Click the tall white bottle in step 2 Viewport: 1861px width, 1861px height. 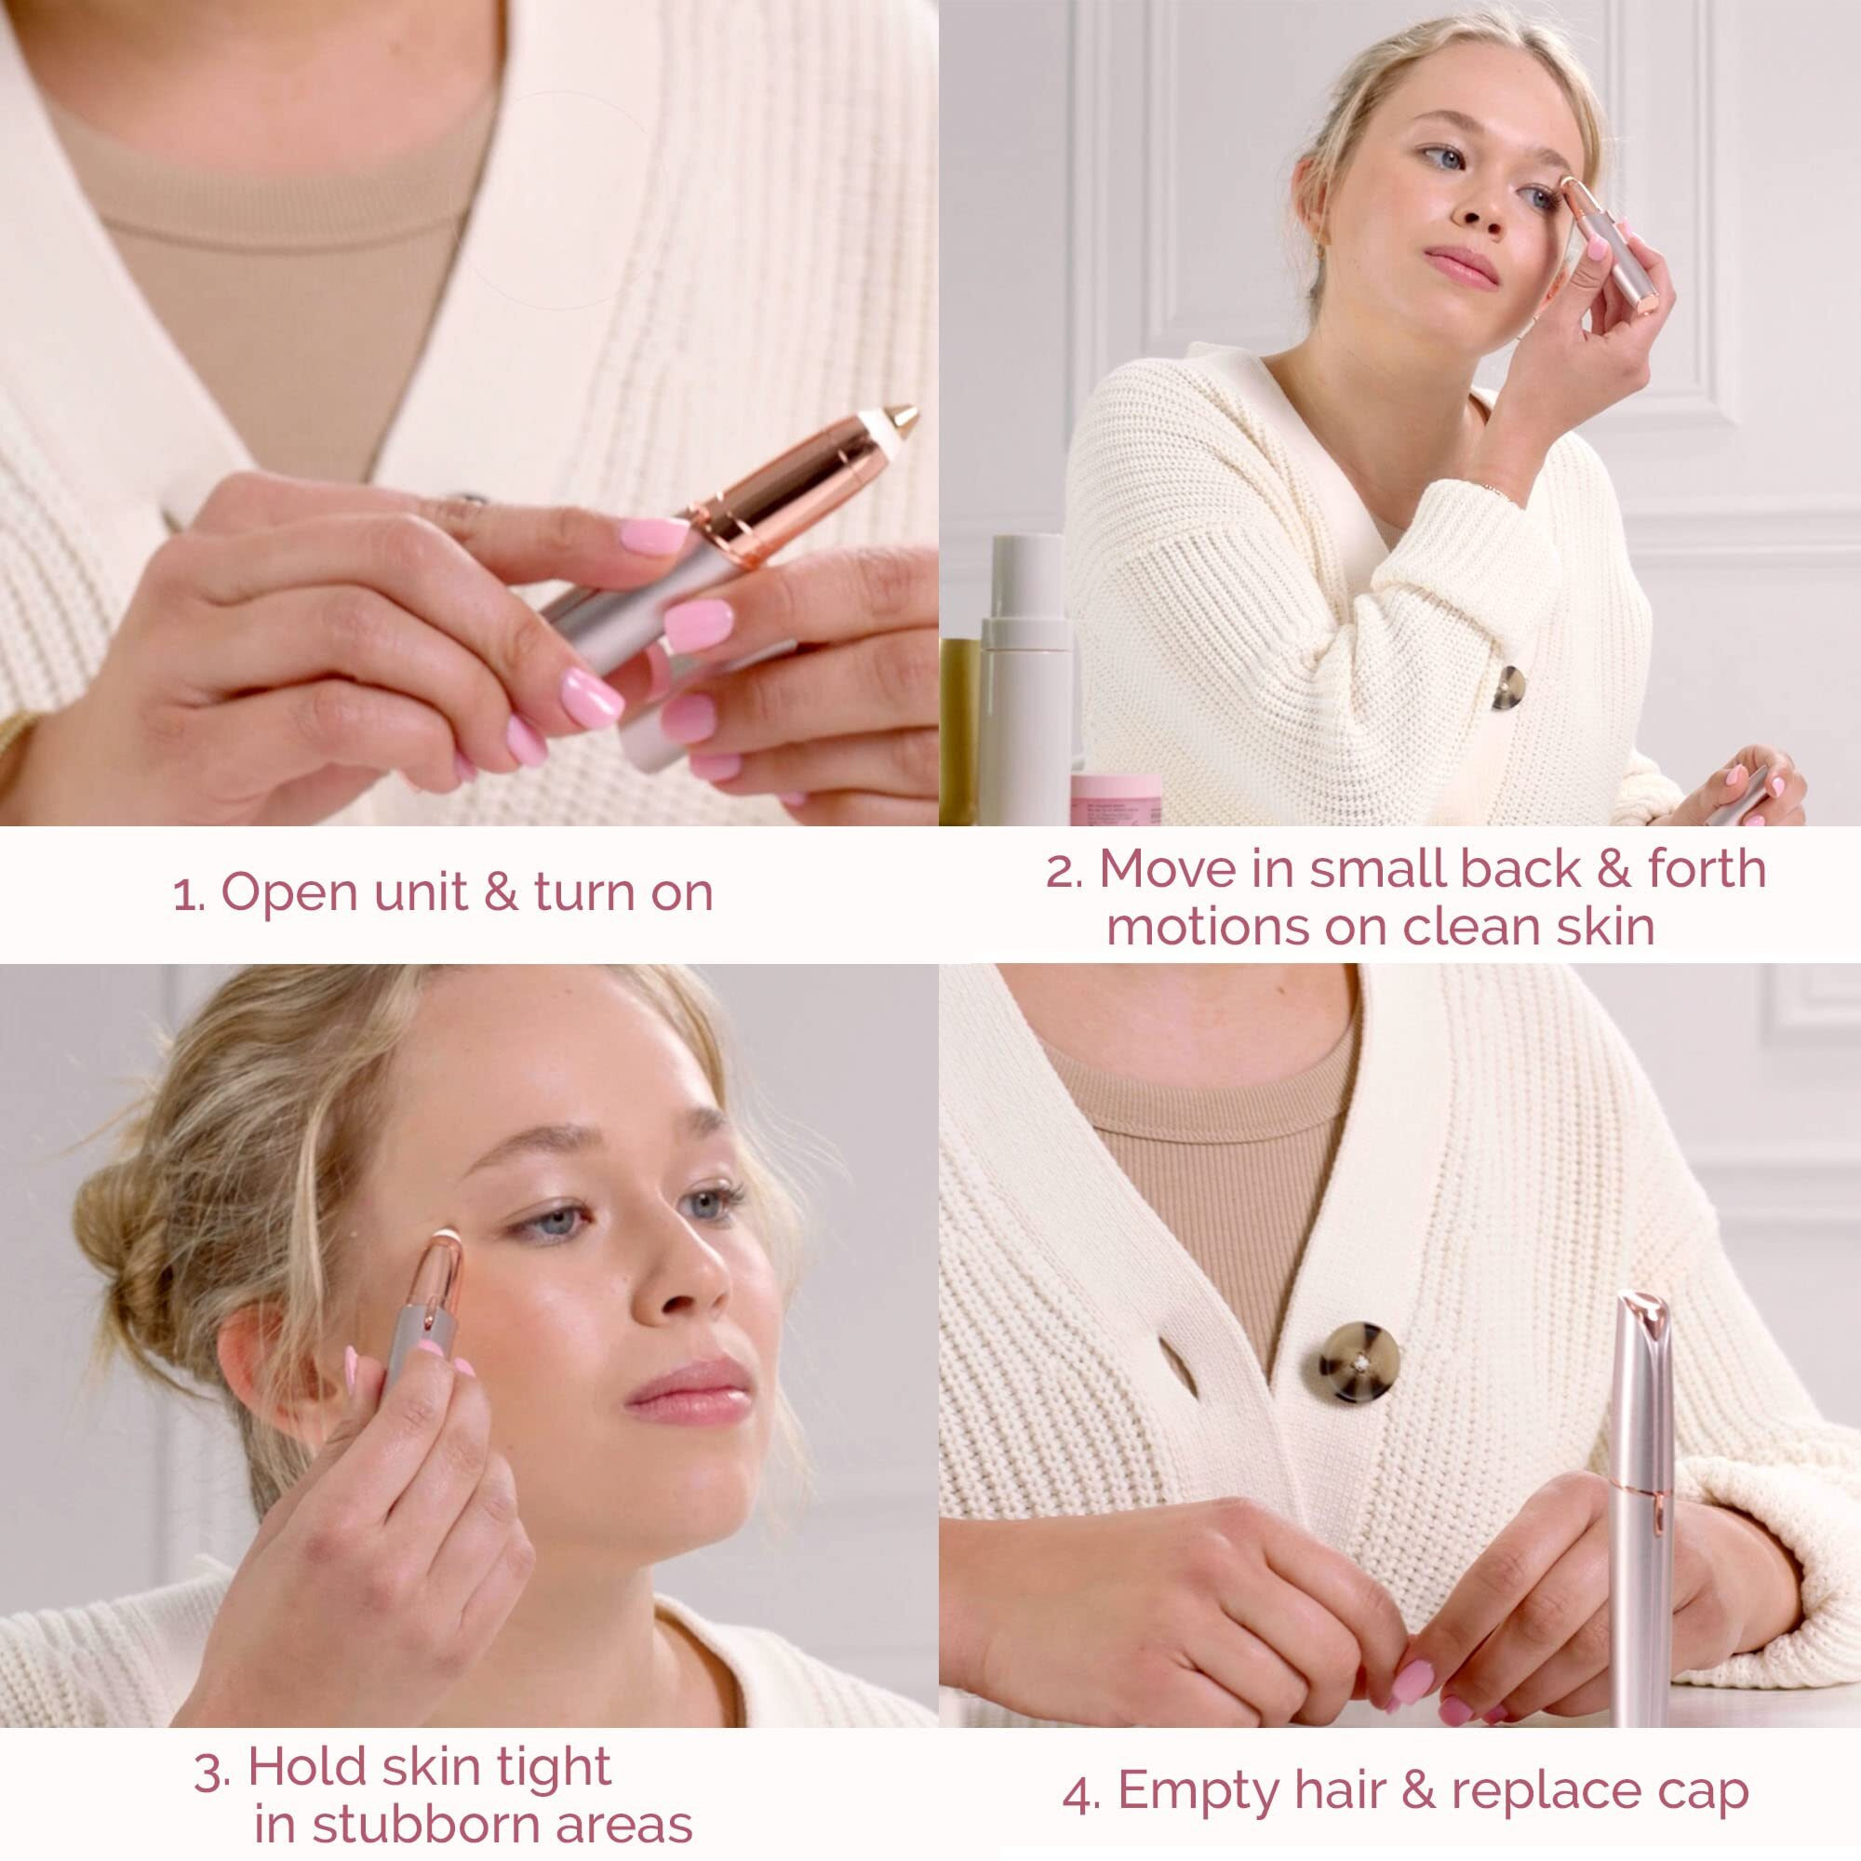point(1024,675)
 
